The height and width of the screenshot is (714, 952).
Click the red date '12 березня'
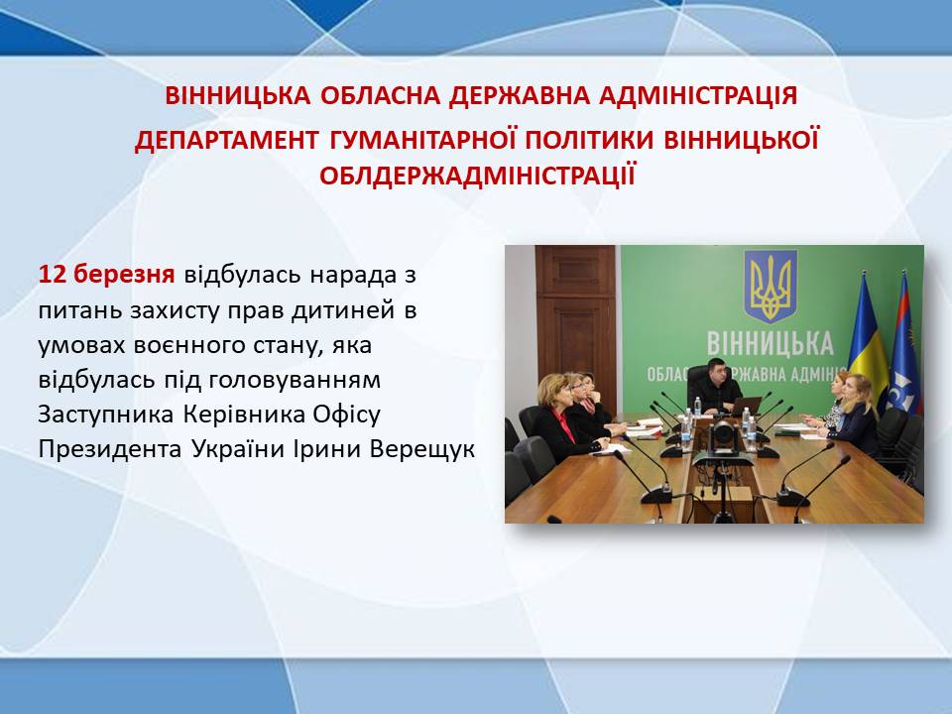click(x=107, y=275)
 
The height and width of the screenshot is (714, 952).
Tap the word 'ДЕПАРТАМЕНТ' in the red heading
click(x=226, y=140)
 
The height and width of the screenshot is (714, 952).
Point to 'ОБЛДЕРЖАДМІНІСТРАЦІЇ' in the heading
click(x=477, y=176)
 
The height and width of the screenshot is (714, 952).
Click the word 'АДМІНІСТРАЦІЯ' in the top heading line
click(x=698, y=96)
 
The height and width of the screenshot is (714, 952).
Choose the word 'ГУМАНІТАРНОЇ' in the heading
click(x=422, y=140)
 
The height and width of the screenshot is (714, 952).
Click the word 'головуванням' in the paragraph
click(x=295, y=380)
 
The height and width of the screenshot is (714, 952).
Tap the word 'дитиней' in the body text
click(x=339, y=310)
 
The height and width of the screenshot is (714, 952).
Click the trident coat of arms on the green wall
click(x=771, y=286)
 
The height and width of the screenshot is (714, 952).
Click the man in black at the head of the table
click(x=716, y=388)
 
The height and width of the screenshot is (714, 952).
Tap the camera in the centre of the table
click(x=723, y=438)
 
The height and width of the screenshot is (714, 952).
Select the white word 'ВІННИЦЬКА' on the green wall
click(x=771, y=344)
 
